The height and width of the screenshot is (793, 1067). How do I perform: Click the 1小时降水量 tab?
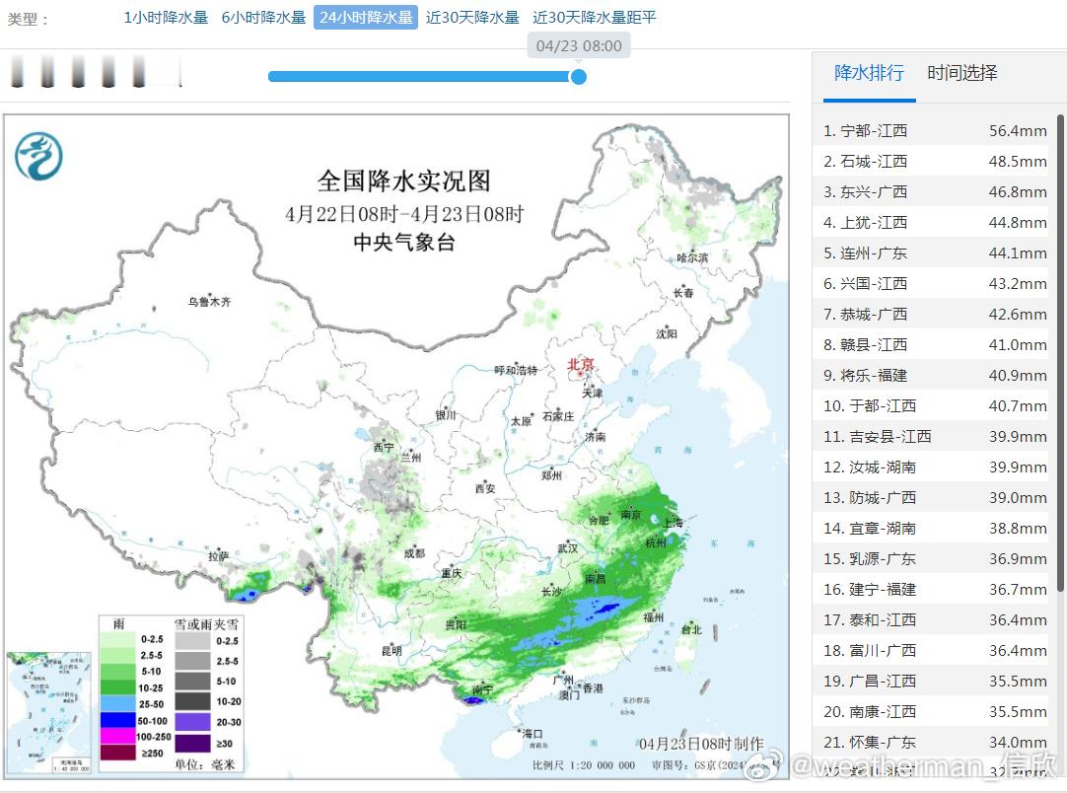(166, 17)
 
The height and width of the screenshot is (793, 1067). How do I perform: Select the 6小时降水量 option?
(263, 17)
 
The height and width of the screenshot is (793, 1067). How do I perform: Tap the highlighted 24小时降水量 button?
(366, 17)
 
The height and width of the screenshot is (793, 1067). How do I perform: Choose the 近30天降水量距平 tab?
(594, 17)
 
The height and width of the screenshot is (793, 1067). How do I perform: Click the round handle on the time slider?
(579, 76)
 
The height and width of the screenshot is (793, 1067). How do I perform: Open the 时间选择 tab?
(962, 73)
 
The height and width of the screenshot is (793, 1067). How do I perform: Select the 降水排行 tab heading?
(869, 73)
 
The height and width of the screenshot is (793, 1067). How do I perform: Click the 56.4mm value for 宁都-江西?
(1018, 130)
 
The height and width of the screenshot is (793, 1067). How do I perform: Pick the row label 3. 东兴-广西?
(866, 191)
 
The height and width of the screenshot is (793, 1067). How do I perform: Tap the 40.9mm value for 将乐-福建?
(1018, 375)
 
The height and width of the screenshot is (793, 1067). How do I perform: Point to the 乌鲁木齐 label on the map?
(209, 302)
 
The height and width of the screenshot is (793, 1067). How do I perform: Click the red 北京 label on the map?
(582, 365)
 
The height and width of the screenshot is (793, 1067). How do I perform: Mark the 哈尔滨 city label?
(692, 257)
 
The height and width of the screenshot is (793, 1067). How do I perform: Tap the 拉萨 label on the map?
(218, 556)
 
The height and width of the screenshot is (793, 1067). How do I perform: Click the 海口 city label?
(533, 733)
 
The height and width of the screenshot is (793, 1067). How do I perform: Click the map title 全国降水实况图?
(403, 181)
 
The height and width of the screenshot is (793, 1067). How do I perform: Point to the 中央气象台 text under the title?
(404, 243)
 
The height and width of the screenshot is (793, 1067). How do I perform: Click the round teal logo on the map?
(38, 156)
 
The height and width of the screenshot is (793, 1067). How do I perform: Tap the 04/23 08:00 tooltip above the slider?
(579, 45)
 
